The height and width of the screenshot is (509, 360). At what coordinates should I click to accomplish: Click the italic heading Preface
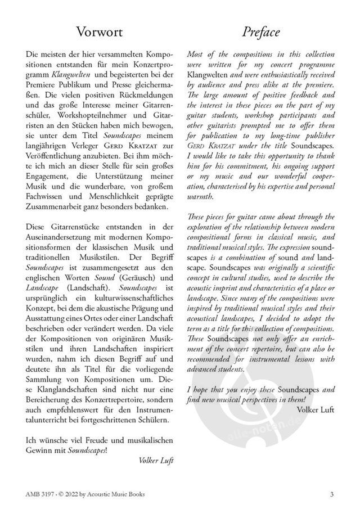pyautogui.click(x=260, y=33)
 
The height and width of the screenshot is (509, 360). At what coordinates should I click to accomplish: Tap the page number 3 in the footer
pyautogui.click(x=332, y=494)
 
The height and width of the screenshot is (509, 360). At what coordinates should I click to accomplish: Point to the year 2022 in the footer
pyautogui.click(x=77, y=494)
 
